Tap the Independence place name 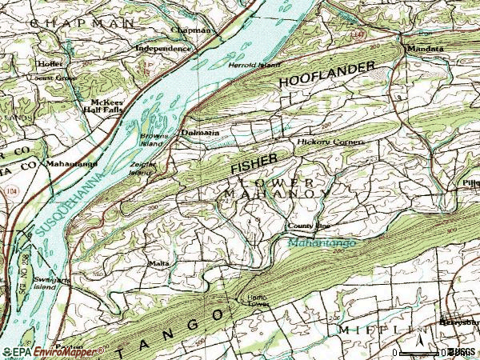click(163, 48)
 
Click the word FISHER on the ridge click(254, 164)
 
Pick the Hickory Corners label click(330, 142)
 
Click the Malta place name click(158, 262)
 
